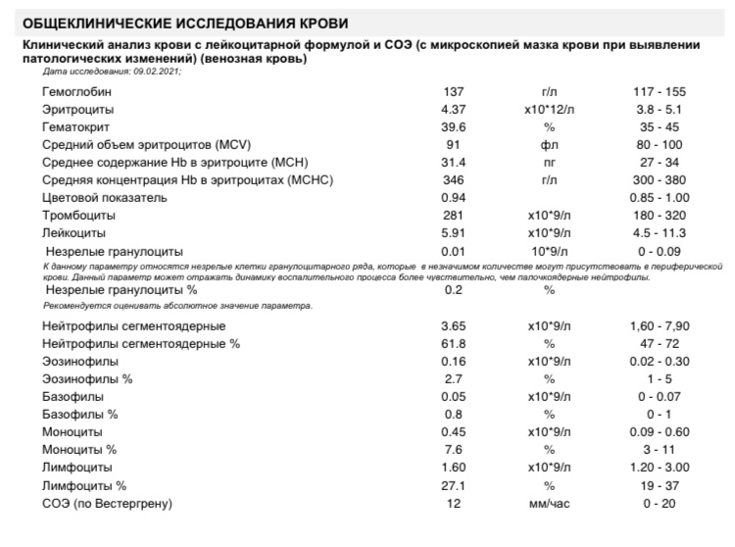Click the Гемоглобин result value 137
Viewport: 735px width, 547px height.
452,91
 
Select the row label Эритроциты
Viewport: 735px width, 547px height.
77,109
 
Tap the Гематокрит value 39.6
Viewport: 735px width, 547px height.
452,126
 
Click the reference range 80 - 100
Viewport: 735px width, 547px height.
660,144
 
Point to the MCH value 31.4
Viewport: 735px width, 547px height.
452,162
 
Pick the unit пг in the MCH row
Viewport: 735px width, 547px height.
549,162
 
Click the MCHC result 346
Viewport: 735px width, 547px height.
452,179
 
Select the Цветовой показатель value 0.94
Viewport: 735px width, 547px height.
452,197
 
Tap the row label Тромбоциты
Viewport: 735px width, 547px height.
79,215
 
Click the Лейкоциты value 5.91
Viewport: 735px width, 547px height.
452,232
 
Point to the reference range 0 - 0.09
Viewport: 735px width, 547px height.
660,251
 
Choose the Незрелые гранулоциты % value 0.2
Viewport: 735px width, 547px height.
452,290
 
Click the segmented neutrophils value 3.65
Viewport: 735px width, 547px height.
452,325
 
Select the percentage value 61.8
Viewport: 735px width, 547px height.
452,343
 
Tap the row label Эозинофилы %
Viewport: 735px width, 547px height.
83,378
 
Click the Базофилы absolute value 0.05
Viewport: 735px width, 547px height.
452,396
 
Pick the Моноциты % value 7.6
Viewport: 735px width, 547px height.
452,449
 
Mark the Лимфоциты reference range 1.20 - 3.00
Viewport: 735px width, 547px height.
660,467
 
